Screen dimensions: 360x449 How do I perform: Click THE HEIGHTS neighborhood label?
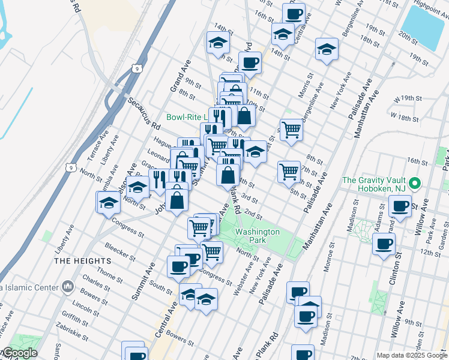[82, 261]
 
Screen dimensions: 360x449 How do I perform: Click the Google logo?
[19, 353]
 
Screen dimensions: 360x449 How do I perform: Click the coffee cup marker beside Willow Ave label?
[399, 206]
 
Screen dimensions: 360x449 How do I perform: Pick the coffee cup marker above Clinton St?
[384, 244]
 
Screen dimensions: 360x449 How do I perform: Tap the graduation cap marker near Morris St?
[326, 49]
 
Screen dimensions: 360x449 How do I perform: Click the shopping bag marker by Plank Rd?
[228, 176]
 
